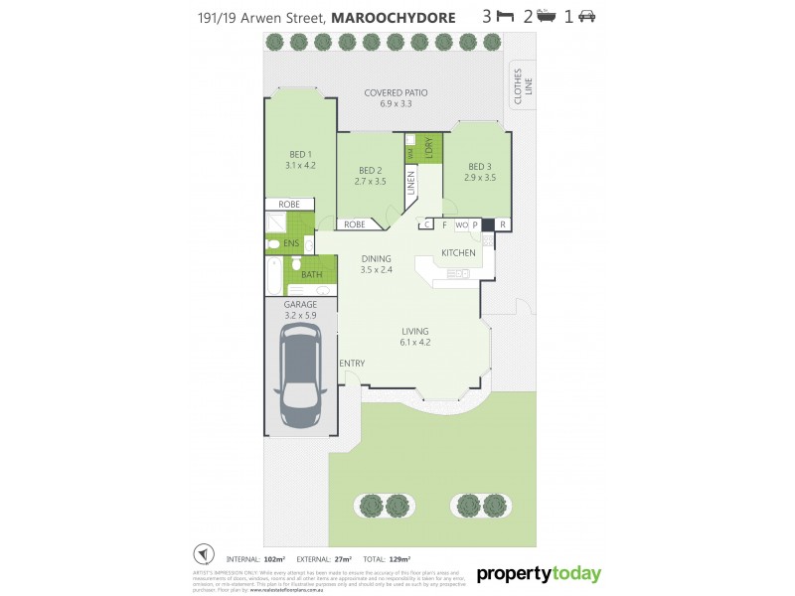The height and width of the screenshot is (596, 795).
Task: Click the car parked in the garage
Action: click(x=299, y=378)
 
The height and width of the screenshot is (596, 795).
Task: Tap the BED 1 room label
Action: click(x=300, y=160)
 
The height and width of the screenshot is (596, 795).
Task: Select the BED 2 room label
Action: click(x=370, y=176)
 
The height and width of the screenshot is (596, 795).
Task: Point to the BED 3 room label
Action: click(x=480, y=172)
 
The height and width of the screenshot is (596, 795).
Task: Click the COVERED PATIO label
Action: click(x=396, y=97)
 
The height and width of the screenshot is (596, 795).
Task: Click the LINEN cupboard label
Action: click(x=409, y=186)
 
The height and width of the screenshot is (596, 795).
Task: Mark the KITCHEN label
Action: click(x=458, y=253)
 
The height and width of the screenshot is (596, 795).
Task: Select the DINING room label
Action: click(x=376, y=264)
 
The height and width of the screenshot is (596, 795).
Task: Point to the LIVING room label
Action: click(x=414, y=337)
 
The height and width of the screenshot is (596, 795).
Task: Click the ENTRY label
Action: click(x=352, y=364)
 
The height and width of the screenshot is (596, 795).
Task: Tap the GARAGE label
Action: click(x=300, y=310)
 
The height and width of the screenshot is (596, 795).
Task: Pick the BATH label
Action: click(x=311, y=275)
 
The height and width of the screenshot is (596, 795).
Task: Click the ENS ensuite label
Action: click(x=291, y=242)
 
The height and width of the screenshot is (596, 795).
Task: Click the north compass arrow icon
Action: click(x=203, y=553)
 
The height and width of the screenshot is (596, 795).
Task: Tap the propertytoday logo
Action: click(x=539, y=574)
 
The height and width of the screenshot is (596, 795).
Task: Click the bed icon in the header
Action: click(x=505, y=17)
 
